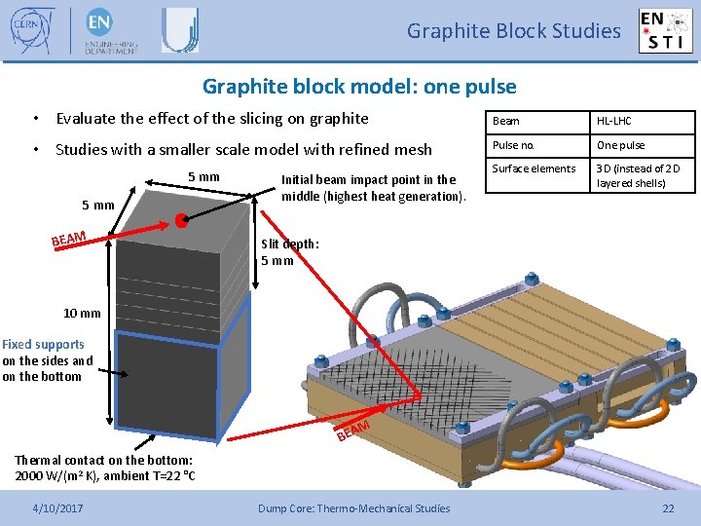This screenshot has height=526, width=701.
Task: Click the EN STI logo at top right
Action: click(665, 30)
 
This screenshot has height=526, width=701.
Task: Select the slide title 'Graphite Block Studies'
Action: click(513, 31)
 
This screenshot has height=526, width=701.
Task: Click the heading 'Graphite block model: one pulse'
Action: click(359, 87)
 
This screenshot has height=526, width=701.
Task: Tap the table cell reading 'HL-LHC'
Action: click(614, 121)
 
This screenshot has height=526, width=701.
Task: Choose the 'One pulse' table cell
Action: click(620, 145)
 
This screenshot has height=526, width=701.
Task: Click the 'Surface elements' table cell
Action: click(534, 169)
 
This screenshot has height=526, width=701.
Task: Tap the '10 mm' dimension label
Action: click(82, 313)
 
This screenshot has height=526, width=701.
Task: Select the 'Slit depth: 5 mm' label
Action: click(290, 252)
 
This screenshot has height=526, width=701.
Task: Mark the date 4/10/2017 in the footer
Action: click(57, 507)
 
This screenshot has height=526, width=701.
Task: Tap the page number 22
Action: click(668, 507)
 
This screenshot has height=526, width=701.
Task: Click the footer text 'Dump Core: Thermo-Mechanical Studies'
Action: click(353, 507)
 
